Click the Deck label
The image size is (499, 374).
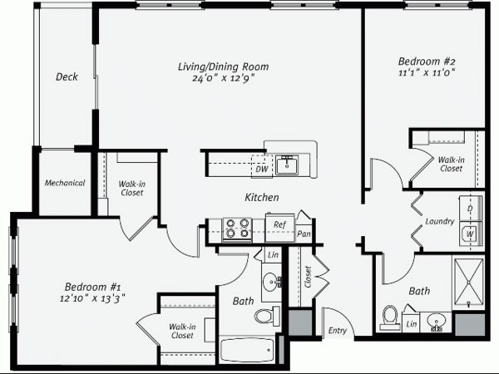coord(67,76)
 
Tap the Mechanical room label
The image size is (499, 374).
coord(65,183)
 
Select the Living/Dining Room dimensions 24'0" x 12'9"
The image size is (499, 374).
coord(223,78)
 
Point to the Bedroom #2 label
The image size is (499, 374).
coord(427,61)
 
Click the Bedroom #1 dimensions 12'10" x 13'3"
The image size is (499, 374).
coord(92,298)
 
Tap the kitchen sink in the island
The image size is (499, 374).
coord(287,165)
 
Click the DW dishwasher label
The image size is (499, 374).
coord(262,169)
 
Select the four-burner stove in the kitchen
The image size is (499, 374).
coord(237,229)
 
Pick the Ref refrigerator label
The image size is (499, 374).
coord(279,224)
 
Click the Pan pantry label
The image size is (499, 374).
coord(304,234)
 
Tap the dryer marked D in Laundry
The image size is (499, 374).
coord(471,209)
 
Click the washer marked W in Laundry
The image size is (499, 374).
coord(471,234)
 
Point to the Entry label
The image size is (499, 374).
coord(338,331)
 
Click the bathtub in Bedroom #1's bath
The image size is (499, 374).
coord(247,350)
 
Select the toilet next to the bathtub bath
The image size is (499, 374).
coord(267,316)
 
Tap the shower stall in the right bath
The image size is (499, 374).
coord(468,284)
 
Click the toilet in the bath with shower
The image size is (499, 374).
coord(390,318)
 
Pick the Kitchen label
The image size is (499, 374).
coord(262,197)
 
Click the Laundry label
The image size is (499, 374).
coord(440,221)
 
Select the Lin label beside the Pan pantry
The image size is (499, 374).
coord(273,255)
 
